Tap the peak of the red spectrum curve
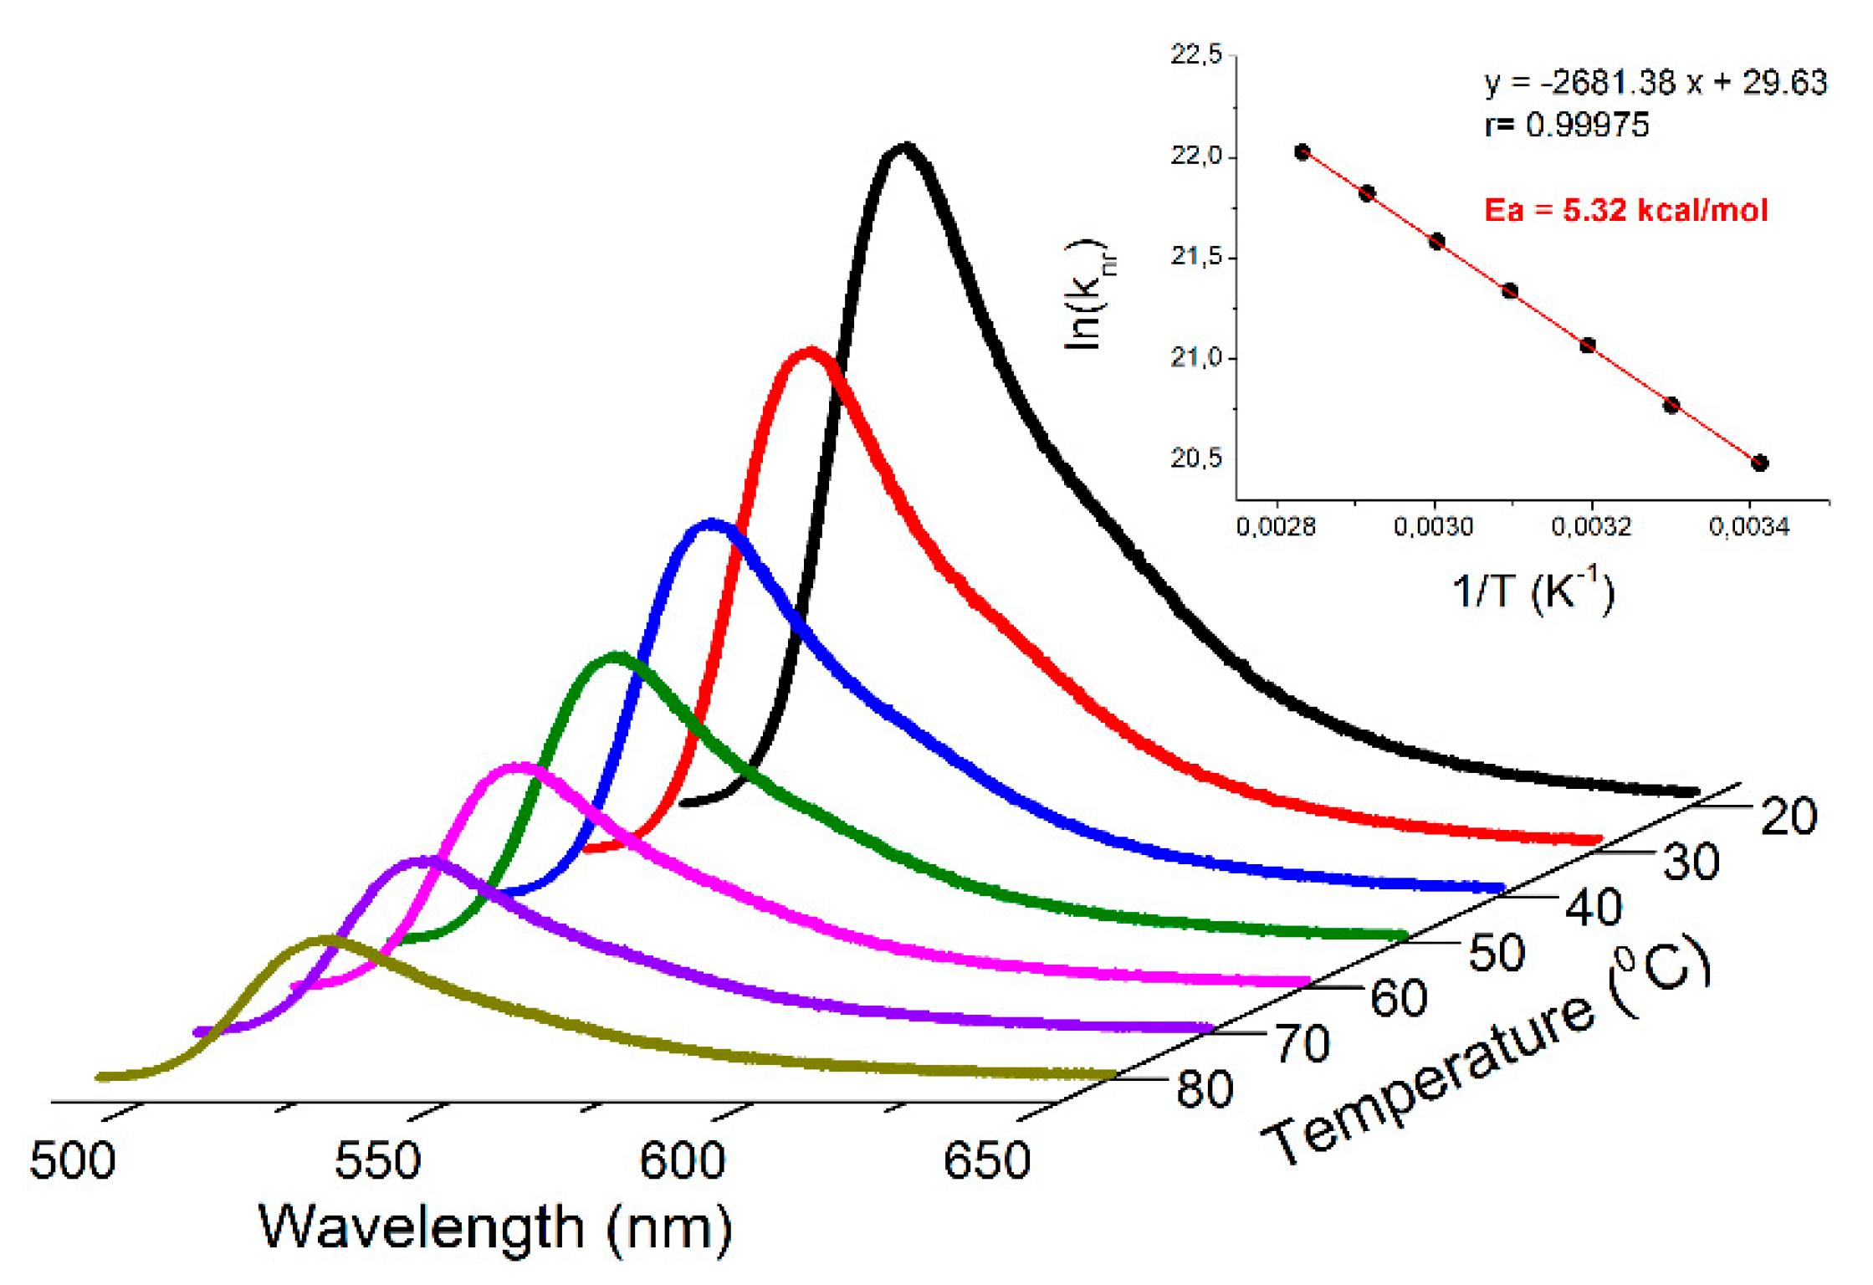point(810,352)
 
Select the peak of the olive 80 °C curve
point(325,941)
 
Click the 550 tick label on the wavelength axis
point(377,1161)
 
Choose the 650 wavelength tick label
point(986,1161)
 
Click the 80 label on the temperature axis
point(1205,1089)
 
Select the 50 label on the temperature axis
point(1497,953)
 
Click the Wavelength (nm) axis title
point(495,1228)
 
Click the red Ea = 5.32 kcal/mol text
point(1625,210)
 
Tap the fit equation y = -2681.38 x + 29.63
point(1656,83)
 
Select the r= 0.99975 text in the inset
point(1567,125)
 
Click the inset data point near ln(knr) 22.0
point(1302,152)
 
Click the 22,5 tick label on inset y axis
point(1195,55)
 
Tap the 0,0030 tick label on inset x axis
point(1433,527)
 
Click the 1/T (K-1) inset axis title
point(1533,591)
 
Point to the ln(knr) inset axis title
point(1087,294)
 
